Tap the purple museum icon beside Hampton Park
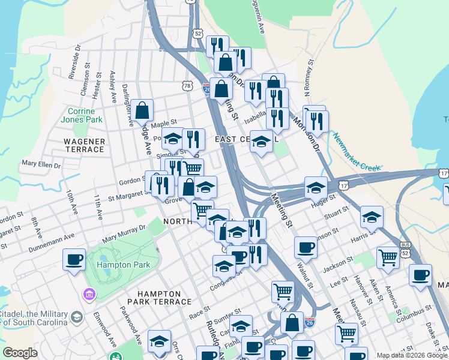[89, 295]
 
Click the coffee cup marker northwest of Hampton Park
[74, 260]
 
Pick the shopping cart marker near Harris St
[388, 257]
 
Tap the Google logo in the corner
[20, 353]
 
